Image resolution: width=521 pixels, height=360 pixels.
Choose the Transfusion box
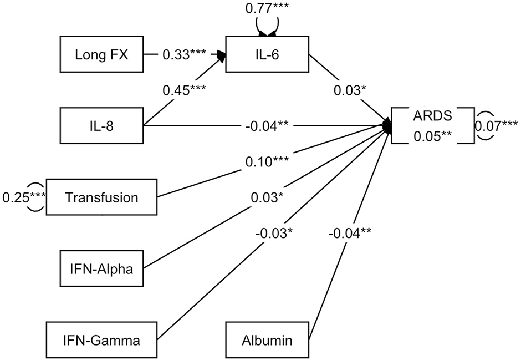click(x=102, y=196)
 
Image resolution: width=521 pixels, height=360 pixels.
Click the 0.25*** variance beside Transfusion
click(x=24, y=196)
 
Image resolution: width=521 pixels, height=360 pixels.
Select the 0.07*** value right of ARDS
click(x=497, y=126)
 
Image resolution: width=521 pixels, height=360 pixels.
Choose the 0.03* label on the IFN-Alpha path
click(x=265, y=196)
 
